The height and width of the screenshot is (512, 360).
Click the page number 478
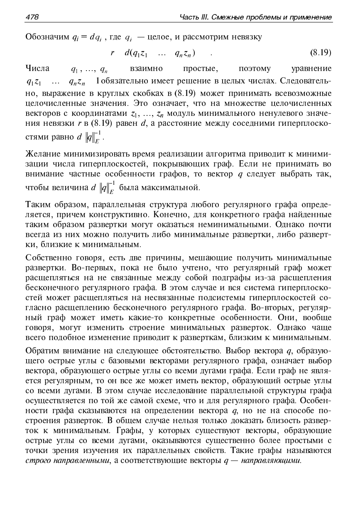click(x=32, y=17)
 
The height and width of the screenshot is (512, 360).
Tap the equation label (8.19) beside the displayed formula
click(x=320, y=53)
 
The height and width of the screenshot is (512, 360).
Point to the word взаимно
click(x=146, y=68)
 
